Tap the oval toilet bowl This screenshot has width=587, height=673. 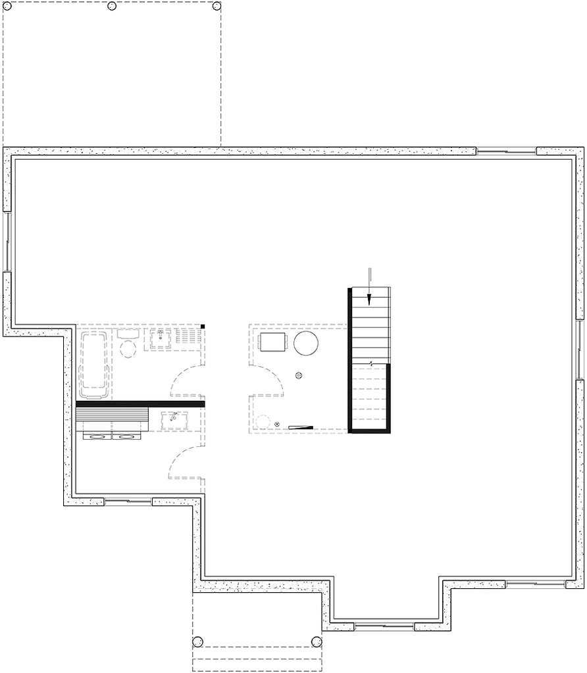tap(128, 348)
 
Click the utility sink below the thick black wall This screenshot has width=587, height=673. tap(174, 419)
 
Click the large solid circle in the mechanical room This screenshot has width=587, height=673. tap(306, 342)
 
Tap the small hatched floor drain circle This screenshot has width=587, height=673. tap(299, 376)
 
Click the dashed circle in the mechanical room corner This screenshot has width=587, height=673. tap(265, 422)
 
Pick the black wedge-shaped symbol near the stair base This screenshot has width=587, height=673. tap(299, 427)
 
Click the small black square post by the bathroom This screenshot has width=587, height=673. tap(204, 326)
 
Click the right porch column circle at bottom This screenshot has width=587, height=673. tap(317, 641)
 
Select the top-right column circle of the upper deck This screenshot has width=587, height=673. tap(217, 6)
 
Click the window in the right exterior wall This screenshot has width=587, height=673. tap(580, 350)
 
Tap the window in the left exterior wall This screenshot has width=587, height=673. tap(7, 241)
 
